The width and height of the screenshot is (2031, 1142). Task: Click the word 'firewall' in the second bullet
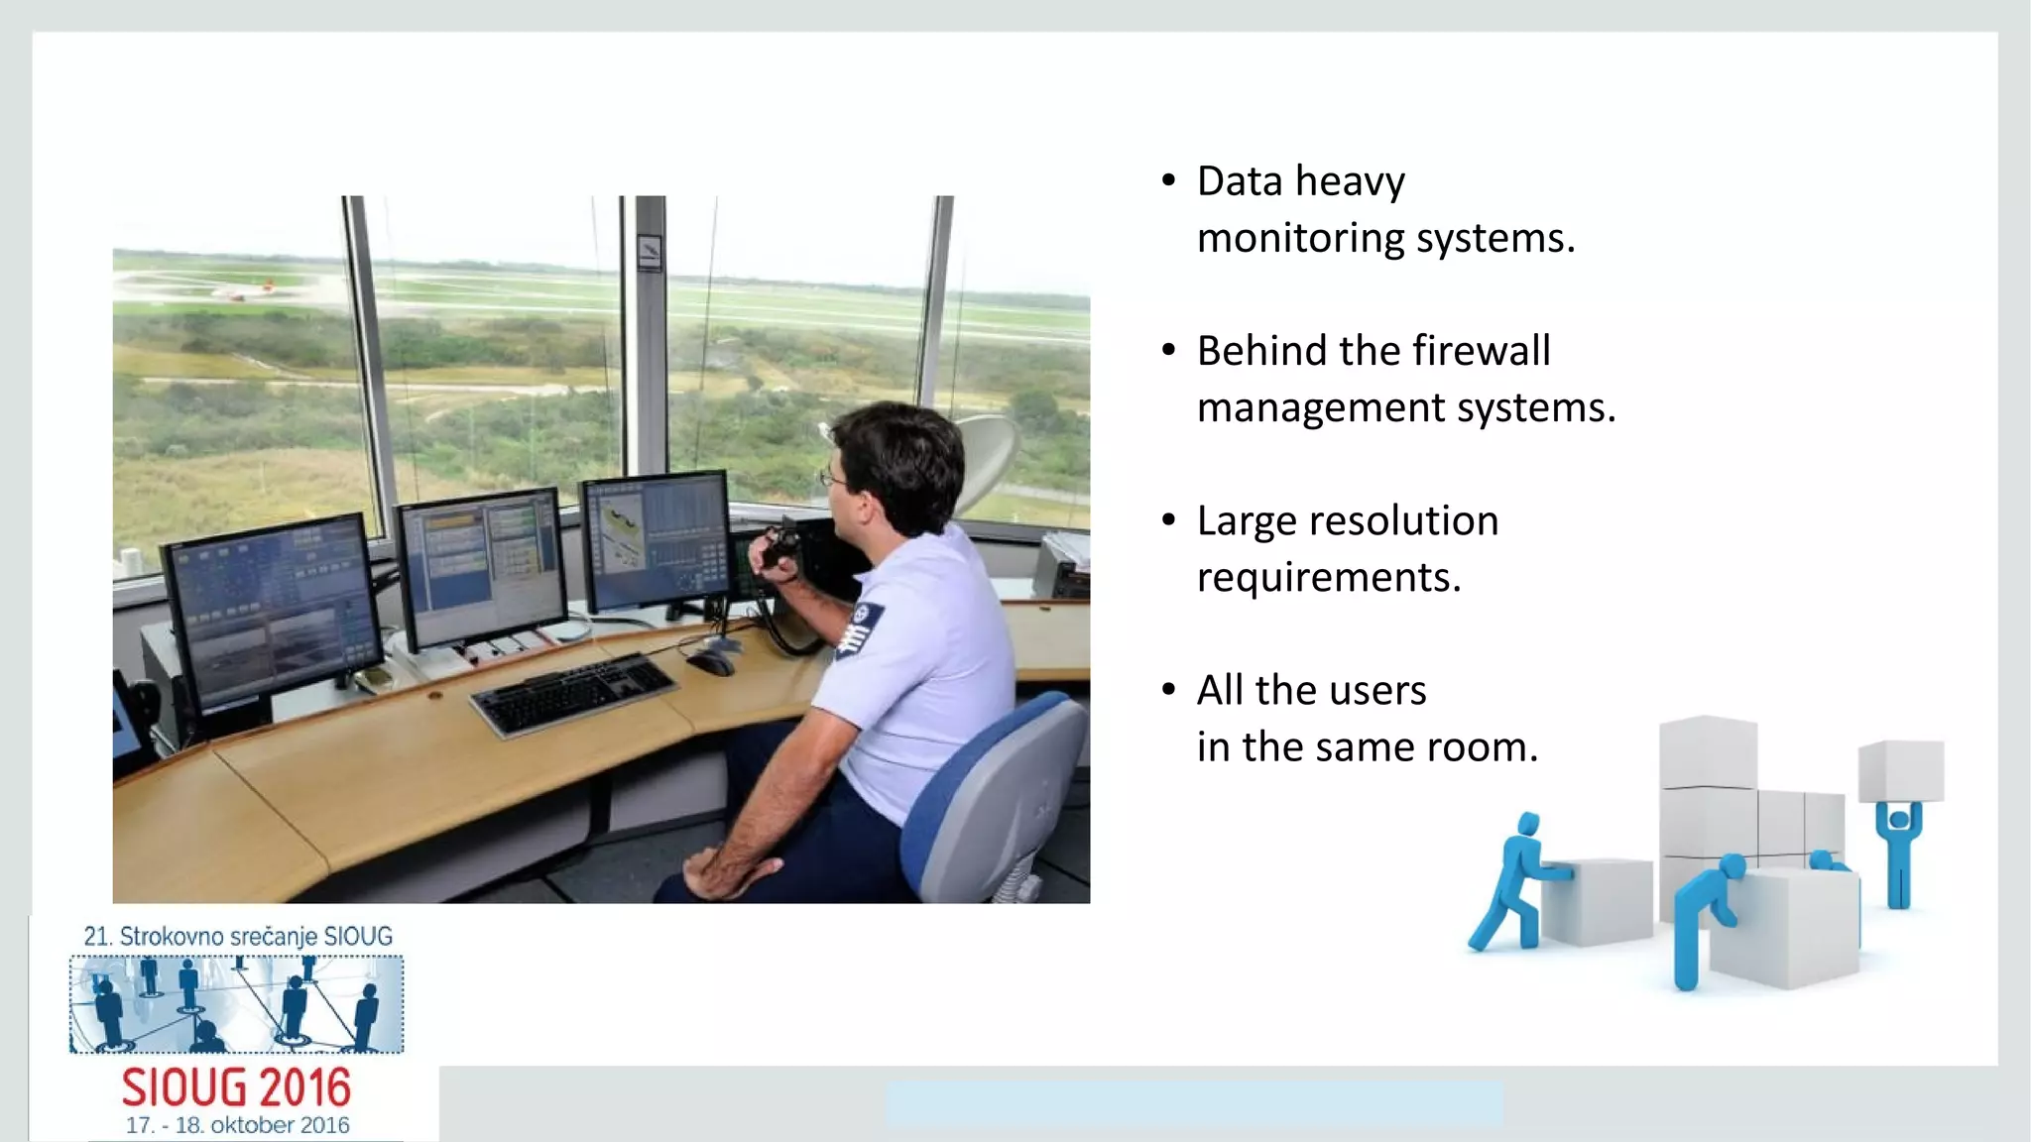point(1481,351)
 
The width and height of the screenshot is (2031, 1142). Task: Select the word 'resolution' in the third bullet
point(1402,521)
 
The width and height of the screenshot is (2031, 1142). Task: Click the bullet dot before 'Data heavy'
point(1168,181)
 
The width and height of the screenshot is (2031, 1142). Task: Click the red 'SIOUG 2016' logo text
point(236,1087)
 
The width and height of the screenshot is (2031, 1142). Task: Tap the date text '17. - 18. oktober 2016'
point(237,1125)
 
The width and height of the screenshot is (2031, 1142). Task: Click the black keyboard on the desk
point(573,694)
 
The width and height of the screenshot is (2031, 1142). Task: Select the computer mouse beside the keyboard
point(711,662)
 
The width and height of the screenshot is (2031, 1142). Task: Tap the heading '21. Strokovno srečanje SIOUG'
point(238,936)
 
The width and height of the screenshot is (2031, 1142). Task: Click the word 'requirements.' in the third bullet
point(1329,578)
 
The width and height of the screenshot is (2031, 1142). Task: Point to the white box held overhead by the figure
point(1900,770)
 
